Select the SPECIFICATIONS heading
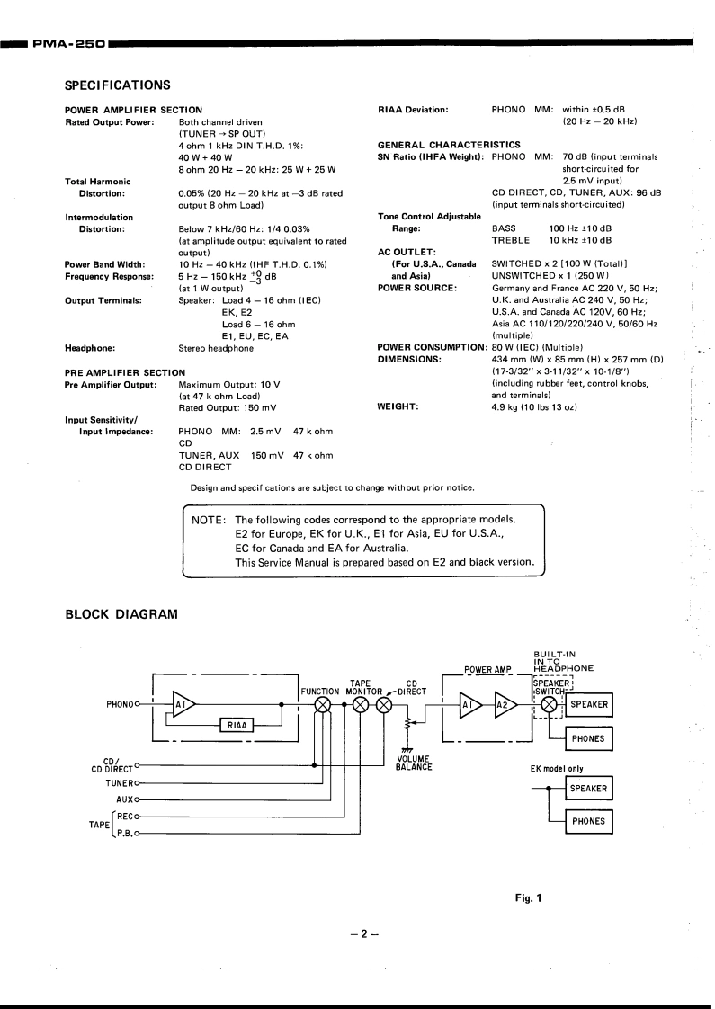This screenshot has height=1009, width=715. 117,85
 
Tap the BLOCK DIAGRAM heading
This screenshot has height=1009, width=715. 121,614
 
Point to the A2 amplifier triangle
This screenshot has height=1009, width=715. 505,705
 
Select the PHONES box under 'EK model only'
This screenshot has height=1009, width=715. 588,821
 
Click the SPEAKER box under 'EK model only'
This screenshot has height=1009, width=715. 588,789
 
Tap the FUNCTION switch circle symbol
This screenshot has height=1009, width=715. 322,705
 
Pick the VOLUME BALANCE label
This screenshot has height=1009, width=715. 414,763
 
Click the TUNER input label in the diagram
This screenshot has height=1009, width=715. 118,782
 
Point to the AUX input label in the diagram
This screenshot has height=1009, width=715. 124,799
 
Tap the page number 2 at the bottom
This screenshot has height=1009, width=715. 365,933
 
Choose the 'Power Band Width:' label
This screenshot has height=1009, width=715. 104,264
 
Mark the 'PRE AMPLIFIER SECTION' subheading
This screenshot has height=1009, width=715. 125,371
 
